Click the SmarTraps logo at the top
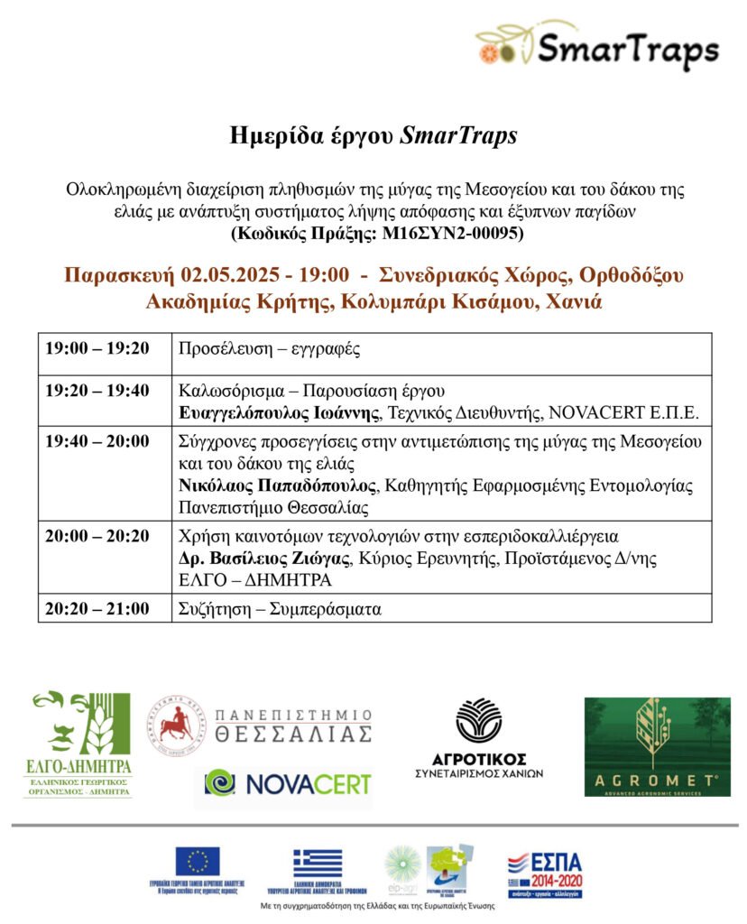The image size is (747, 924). (597, 47)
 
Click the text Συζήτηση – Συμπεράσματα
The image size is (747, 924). (280, 608)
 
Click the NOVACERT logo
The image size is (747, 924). (283, 781)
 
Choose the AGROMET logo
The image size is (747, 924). (657, 746)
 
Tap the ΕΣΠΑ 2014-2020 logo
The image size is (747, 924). (543, 873)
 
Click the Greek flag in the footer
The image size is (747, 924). (318, 862)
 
